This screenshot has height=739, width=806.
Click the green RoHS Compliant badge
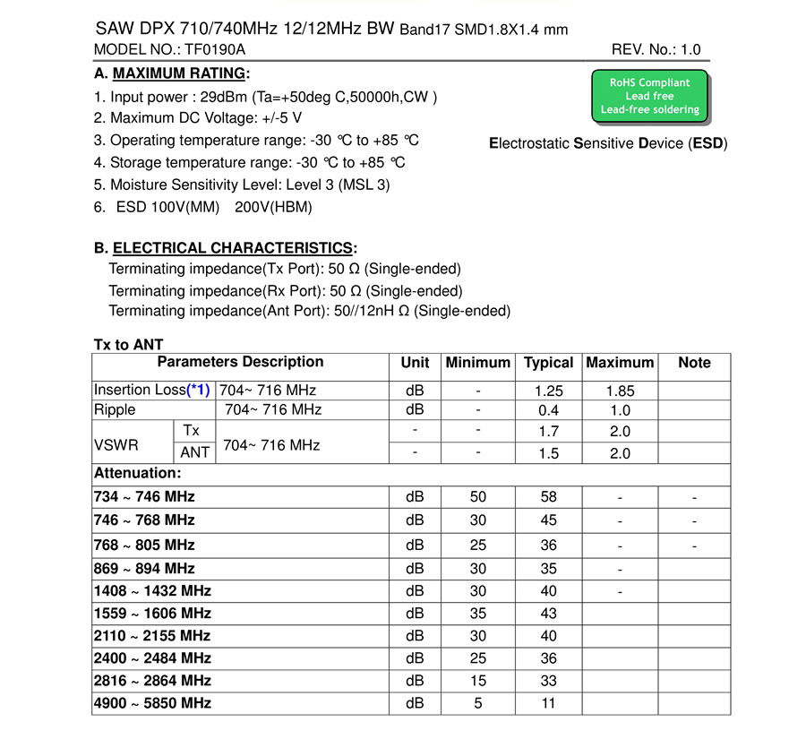[649, 96]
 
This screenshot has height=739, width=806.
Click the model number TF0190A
[214, 50]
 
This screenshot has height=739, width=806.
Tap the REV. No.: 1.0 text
[656, 50]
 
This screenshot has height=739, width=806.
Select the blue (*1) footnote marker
[198, 391]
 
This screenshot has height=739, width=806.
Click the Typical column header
[548, 363]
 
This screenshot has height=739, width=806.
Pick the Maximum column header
[619, 363]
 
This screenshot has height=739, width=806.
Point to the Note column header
[694, 363]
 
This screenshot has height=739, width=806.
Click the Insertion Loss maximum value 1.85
[619, 391]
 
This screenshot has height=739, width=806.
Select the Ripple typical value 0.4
[548, 410]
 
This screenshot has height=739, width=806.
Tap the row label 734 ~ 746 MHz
[144, 497]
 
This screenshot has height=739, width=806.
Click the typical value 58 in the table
[548, 497]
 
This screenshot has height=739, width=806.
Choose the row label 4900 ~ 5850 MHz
[152, 703]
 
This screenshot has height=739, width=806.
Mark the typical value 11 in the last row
[548, 703]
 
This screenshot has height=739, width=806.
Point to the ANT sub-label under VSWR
[194, 453]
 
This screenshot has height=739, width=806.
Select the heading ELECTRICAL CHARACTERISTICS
[233, 248]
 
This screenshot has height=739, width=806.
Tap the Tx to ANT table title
[129, 345]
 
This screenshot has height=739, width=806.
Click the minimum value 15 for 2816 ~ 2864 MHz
[477, 681]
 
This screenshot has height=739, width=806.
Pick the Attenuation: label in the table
[137, 473]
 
